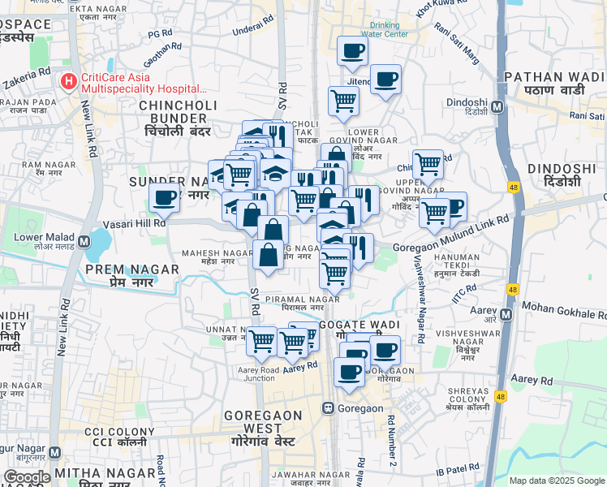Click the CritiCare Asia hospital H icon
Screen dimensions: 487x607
[68, 82]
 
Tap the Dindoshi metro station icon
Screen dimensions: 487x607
[497, 106]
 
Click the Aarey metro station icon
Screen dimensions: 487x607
[507, 314]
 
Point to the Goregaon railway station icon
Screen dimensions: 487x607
[329, 407]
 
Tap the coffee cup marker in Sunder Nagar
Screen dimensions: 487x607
[164, 197]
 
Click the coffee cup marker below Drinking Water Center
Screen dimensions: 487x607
[352, 50]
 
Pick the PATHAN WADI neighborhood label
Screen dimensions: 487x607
[555, 84]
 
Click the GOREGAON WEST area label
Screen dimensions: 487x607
[264, 422]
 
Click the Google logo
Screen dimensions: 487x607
[26, 477]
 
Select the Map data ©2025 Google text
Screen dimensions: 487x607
[557, 481]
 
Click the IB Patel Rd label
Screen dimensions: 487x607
[458, 470]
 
